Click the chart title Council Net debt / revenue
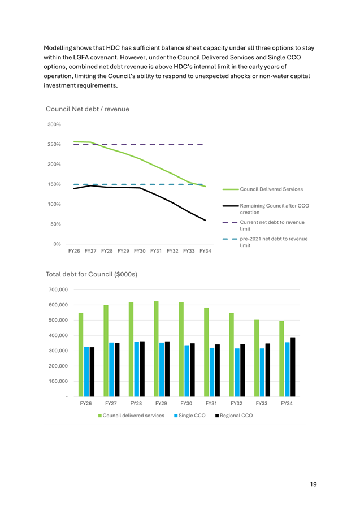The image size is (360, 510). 88,109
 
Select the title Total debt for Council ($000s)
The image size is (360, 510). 92,274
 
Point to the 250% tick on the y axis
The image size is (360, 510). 54,144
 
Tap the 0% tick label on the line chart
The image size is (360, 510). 57,244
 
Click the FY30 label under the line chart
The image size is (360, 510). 140,251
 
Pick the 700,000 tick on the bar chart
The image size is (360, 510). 58,289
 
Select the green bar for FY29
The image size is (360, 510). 156,349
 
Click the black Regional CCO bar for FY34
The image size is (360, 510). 293,367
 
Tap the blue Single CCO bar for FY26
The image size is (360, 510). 86,371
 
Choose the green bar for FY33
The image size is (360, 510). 257,358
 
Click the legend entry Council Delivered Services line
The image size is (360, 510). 263,189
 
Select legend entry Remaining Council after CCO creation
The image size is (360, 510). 266,209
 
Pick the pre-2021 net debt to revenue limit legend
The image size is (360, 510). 265,242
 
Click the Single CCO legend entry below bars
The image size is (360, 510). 190,416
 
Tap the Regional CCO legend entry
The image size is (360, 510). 234,416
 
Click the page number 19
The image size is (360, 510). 313,485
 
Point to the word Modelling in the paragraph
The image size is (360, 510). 58,48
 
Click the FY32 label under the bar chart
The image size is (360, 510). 236,403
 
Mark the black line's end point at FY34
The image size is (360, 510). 206,220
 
